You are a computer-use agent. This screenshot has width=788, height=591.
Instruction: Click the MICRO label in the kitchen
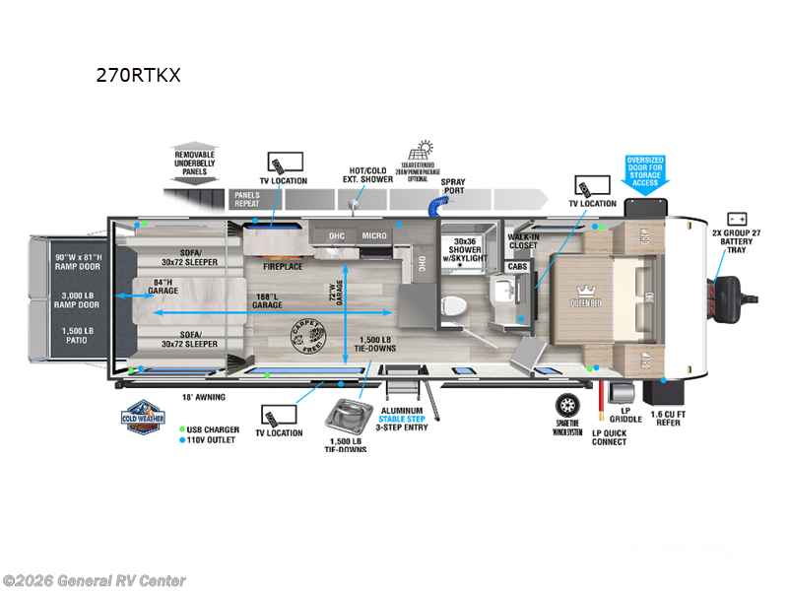(x=373, y=235)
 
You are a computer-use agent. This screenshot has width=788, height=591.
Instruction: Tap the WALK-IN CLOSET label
(x=522, y=242)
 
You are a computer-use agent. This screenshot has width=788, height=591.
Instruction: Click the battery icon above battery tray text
(x=737, y=219)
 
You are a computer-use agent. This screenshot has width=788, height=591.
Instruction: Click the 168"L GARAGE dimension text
(x=267, y=300)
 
